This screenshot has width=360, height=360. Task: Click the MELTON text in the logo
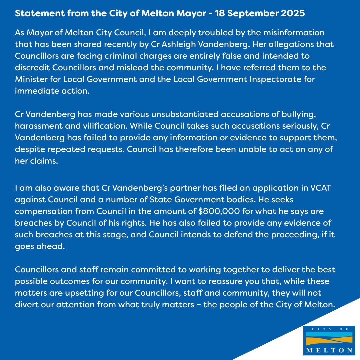pos(329,350)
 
